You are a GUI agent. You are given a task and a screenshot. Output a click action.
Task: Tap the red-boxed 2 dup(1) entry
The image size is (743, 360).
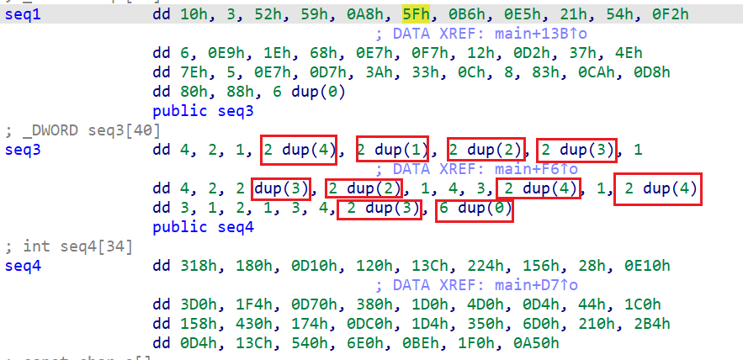click(x=392, y=151)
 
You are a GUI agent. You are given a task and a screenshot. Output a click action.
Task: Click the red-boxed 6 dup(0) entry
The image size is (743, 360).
click(x=474, y=208)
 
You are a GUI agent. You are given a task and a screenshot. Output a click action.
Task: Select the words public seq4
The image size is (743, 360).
click(x=203, y=227)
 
